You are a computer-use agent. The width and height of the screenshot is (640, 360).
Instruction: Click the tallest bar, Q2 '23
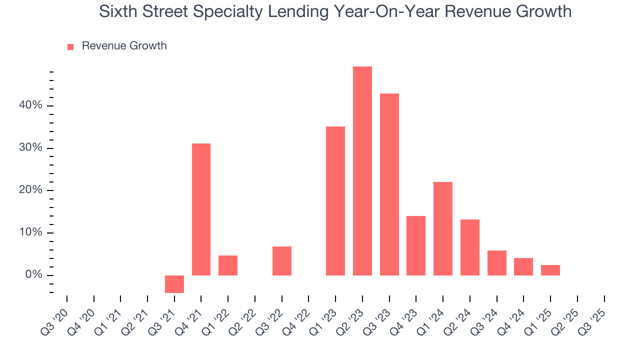pos(362,171)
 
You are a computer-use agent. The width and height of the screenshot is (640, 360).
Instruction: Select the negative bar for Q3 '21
pos(174,284)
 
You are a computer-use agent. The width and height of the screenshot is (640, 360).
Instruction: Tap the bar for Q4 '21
pos(201,209)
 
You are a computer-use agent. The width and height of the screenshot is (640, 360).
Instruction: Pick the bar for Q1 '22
pos(228,265)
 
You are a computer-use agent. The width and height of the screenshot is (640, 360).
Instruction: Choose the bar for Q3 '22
pos(282,261)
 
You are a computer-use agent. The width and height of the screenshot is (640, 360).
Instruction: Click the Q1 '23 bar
pos(335,201)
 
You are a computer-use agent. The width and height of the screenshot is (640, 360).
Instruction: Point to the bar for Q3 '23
pos(389,184)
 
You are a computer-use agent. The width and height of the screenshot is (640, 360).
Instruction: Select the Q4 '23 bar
pos(416,245)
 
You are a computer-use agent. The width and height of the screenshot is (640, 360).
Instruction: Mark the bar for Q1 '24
pos(443,228)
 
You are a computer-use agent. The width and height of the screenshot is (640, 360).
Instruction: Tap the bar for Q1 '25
pos(550,270)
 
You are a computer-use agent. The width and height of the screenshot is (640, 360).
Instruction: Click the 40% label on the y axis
pos(31,105)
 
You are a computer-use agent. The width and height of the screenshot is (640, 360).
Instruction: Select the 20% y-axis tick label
pos(31,190)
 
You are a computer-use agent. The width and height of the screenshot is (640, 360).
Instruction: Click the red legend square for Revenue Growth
pos(70,46)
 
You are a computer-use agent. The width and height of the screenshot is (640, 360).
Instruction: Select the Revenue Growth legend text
pos(124,46)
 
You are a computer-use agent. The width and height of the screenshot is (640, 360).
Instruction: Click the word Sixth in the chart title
pos(116,11)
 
